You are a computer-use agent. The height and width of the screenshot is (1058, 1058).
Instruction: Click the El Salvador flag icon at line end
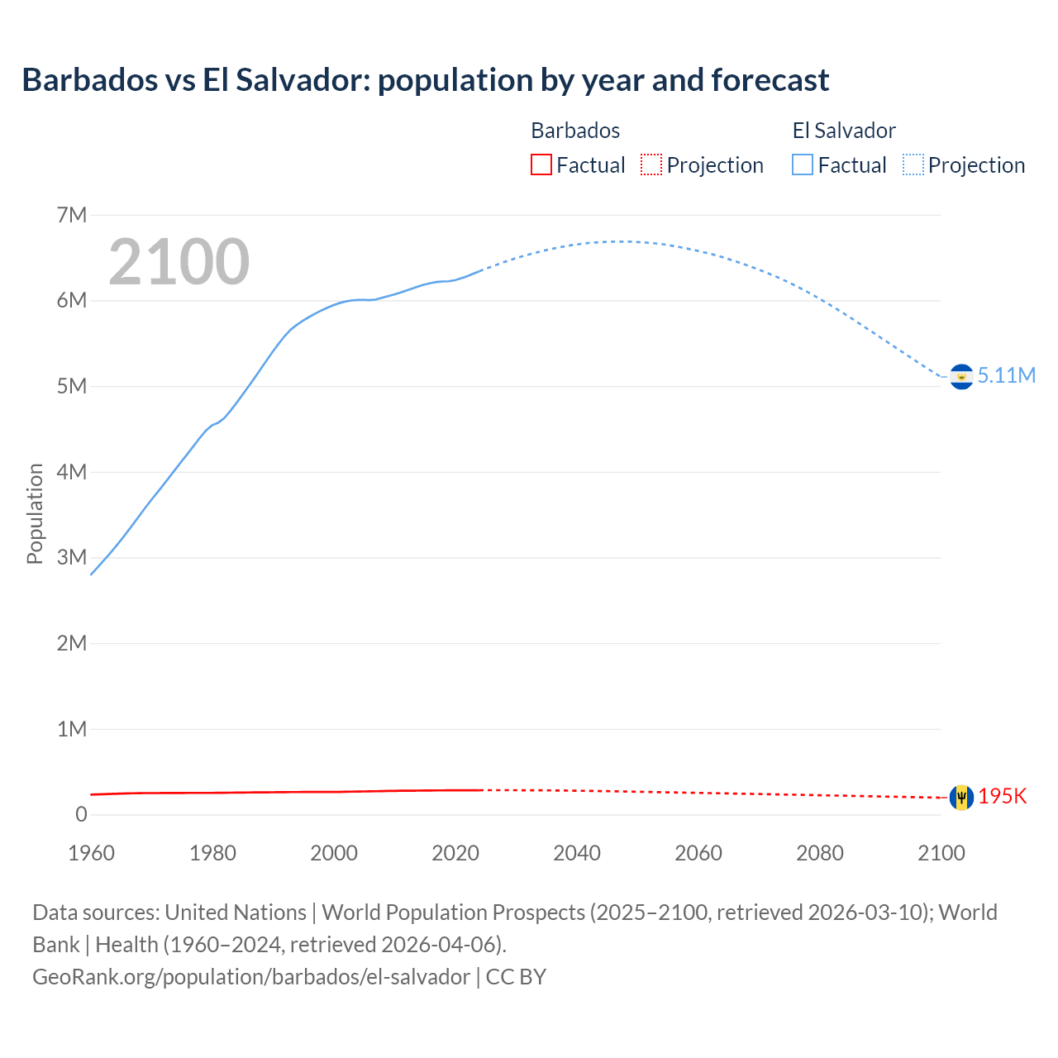961,376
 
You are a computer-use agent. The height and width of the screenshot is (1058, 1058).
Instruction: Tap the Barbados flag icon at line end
961,797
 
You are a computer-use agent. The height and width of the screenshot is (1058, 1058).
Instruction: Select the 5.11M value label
1006,375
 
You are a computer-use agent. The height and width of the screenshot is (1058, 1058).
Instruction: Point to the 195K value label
1002,796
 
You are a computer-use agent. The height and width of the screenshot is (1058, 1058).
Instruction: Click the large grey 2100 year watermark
179,262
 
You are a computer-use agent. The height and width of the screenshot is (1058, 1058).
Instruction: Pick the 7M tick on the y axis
72,215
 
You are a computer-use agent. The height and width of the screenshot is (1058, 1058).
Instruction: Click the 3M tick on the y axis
72,557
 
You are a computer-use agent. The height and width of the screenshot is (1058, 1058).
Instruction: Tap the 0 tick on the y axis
81,814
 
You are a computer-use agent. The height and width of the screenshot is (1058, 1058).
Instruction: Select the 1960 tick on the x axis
92,853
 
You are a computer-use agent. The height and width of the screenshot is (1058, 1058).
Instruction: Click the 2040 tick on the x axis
577,853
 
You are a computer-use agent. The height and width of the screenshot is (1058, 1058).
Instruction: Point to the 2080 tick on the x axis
820,853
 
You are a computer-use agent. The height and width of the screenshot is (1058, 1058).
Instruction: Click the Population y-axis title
35,513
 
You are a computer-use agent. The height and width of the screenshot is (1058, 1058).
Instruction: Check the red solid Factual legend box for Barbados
541,164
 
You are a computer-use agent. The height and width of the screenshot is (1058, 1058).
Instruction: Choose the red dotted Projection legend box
651,164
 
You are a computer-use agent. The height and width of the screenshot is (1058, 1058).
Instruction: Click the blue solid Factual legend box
803,164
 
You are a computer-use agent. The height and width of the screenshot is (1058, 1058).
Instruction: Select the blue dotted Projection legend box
913,164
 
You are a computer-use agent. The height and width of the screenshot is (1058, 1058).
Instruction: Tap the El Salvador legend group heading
844,131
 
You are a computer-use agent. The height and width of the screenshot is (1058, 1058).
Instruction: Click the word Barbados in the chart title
90,80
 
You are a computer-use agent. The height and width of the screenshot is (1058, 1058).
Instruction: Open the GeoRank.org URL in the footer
251,976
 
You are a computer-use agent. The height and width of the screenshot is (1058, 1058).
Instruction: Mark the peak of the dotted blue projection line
616,241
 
